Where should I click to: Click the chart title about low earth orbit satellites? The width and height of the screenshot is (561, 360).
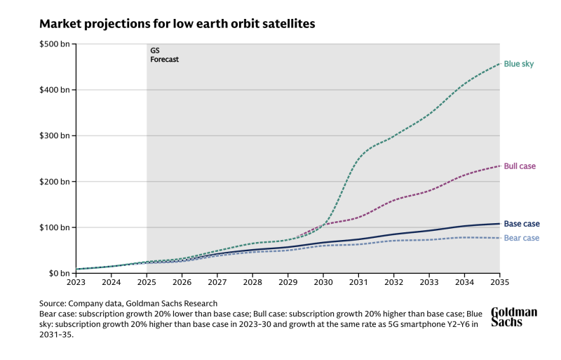[177, 24]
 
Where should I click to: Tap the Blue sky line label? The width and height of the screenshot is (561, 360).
[519, 64]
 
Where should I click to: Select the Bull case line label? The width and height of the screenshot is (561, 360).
[520, 166]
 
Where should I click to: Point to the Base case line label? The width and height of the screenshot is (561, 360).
[522, 224]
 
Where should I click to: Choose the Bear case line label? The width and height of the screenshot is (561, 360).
[522, 238]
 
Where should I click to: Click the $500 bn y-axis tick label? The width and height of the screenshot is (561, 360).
[55, 44]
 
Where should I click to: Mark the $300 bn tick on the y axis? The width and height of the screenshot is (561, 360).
[55, 135]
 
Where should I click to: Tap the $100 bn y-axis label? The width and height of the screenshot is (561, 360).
[55, 227]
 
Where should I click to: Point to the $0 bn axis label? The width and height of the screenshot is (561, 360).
[58, 273]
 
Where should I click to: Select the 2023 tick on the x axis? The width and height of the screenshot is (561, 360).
[76, 284]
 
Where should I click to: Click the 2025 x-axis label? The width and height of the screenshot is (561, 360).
[147, 284]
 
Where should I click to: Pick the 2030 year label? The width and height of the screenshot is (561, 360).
[323, 284]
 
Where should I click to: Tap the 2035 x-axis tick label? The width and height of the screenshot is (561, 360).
[499, 284]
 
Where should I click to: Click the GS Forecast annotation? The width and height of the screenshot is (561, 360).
[165, 55]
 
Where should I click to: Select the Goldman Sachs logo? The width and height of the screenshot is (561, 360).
[514, 316]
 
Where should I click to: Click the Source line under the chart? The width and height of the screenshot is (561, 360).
[128, 303]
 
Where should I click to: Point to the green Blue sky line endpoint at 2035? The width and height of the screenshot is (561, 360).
[499, 64]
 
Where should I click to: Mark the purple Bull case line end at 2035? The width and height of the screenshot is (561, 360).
[499, 166]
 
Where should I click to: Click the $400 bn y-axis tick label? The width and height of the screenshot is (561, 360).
[55, 90]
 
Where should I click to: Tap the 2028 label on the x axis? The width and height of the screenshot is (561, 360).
[252, 284]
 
